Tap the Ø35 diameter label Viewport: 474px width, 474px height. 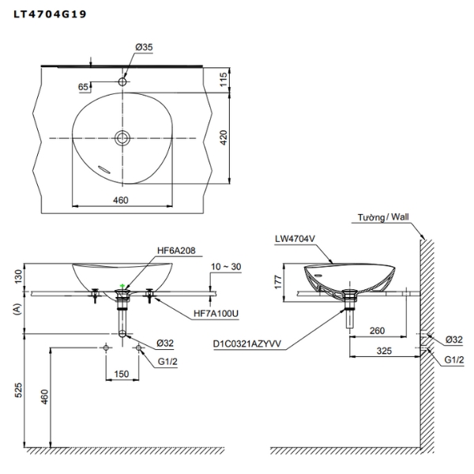pyautogui.click(x=144, y=48)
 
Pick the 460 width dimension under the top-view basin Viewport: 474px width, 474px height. pyautogui.click(x=120, y=201)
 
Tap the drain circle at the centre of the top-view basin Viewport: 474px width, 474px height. pyautogui.click(x=123, y=138)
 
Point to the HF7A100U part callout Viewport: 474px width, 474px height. pyautogui.click(x=215, y=314)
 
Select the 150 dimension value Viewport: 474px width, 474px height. pyautogui.click(x=122, y=374)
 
